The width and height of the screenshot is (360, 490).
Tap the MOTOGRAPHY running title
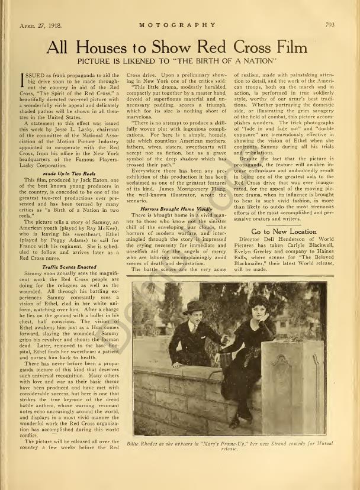pos(178,25)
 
